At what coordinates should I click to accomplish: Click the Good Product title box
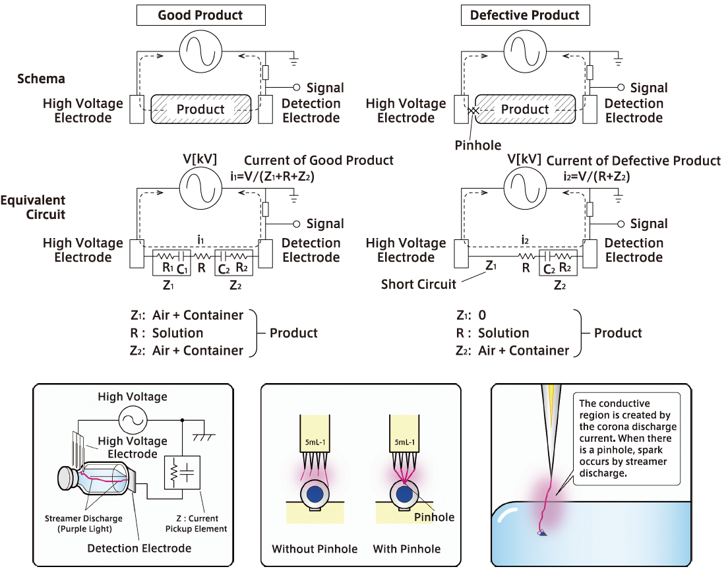click(x=200, y=15)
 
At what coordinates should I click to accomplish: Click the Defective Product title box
click(x=525, y=15)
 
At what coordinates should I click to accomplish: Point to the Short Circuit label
click(x=418, y=285)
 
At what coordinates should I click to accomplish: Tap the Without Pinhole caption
click(x=315, y=549)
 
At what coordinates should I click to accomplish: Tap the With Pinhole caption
click(x=406, y=549)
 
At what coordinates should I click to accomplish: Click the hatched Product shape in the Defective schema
click(x=525, y=109)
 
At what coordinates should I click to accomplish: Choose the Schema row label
click(x=41, y=79)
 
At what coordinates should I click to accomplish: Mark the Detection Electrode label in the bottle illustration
click(x=139, y=548)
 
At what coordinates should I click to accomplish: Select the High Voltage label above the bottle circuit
click(x=132, y=397)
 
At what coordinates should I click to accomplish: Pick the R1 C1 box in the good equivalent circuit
click(x=171, y=263)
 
